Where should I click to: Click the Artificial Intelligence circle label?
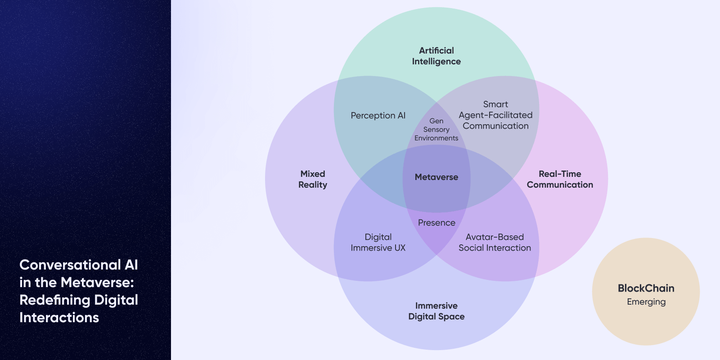tap(436, 56)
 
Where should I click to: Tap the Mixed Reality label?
tap(313, 179)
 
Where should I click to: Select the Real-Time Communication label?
tap(560, 179)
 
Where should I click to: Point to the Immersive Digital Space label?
tap(436, 311)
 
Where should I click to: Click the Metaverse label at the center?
tap(436, 177)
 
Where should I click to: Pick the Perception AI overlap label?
tap(378, 116)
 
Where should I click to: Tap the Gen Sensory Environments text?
tap(436, 130)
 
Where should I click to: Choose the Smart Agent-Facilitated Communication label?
tap(495, 115)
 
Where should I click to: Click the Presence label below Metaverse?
tap(436, 223)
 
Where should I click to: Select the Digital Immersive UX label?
tap(378, 243)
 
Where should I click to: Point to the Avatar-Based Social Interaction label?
tap(495, 243)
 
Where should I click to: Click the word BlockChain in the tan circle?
tap(646, 288)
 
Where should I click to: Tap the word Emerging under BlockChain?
tap(646, 302)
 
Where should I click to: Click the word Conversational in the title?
tap(70, 265)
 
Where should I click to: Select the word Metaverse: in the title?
tap(97, 283)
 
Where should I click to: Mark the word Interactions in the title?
tap(59, 318)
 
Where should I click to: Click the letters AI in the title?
tap(131, 265)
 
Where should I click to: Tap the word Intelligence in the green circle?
tap(436, 62)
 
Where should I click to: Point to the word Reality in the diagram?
tap(313, 185)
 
